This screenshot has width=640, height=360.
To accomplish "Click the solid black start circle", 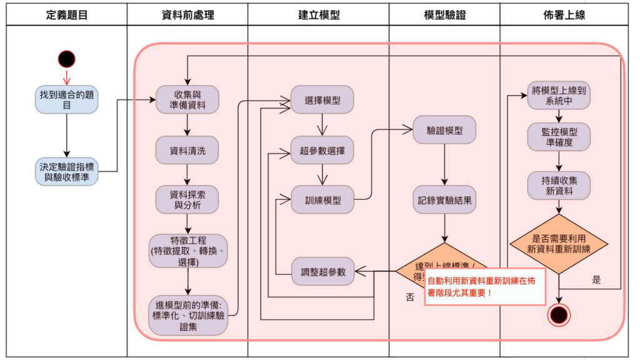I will click(67, 59).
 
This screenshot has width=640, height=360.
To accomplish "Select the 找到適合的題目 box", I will click(67, 100).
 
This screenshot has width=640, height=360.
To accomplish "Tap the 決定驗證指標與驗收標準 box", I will click(67, 172).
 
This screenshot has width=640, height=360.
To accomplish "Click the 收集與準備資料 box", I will click(187, 99).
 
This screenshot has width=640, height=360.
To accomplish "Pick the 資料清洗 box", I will click(187, 150).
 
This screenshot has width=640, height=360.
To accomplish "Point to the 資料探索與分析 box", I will click(187, 200).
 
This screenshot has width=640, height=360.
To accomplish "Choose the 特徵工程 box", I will click(188, 251).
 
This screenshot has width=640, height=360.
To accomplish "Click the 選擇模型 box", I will click(322, 100).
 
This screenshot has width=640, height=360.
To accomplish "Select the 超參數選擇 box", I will click(322, 150).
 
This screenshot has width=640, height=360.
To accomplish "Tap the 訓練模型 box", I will click(322, 200).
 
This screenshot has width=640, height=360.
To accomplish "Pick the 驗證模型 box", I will click(444, 131).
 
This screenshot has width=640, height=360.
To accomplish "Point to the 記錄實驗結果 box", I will click(444, 200).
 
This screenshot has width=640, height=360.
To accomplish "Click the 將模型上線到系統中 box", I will click(559, 95).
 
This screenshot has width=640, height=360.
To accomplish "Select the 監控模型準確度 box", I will click(559, 137).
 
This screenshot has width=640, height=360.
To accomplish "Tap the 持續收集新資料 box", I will click(559, 186).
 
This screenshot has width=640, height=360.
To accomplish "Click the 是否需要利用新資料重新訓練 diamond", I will click(559, 244).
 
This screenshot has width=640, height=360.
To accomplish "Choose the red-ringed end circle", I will click(559, 314).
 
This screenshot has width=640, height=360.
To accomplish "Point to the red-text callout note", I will click(485, 287).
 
